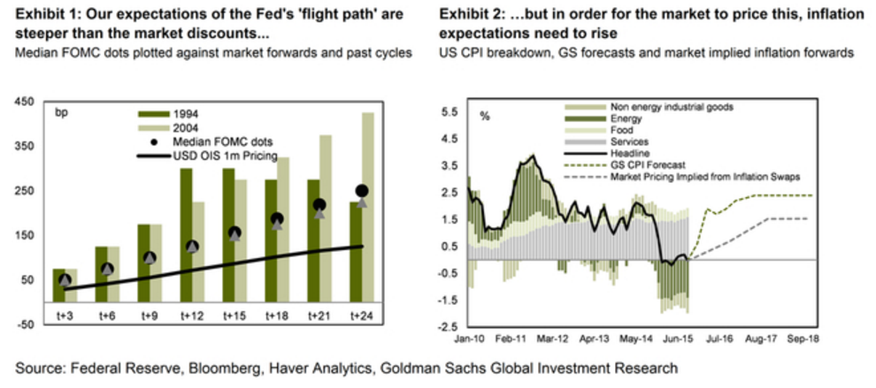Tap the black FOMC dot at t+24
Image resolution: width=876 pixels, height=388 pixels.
click(361, 191)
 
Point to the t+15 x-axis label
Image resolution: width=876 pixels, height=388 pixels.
click(234, 317)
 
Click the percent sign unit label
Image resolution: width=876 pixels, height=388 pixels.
click(484, 115)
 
